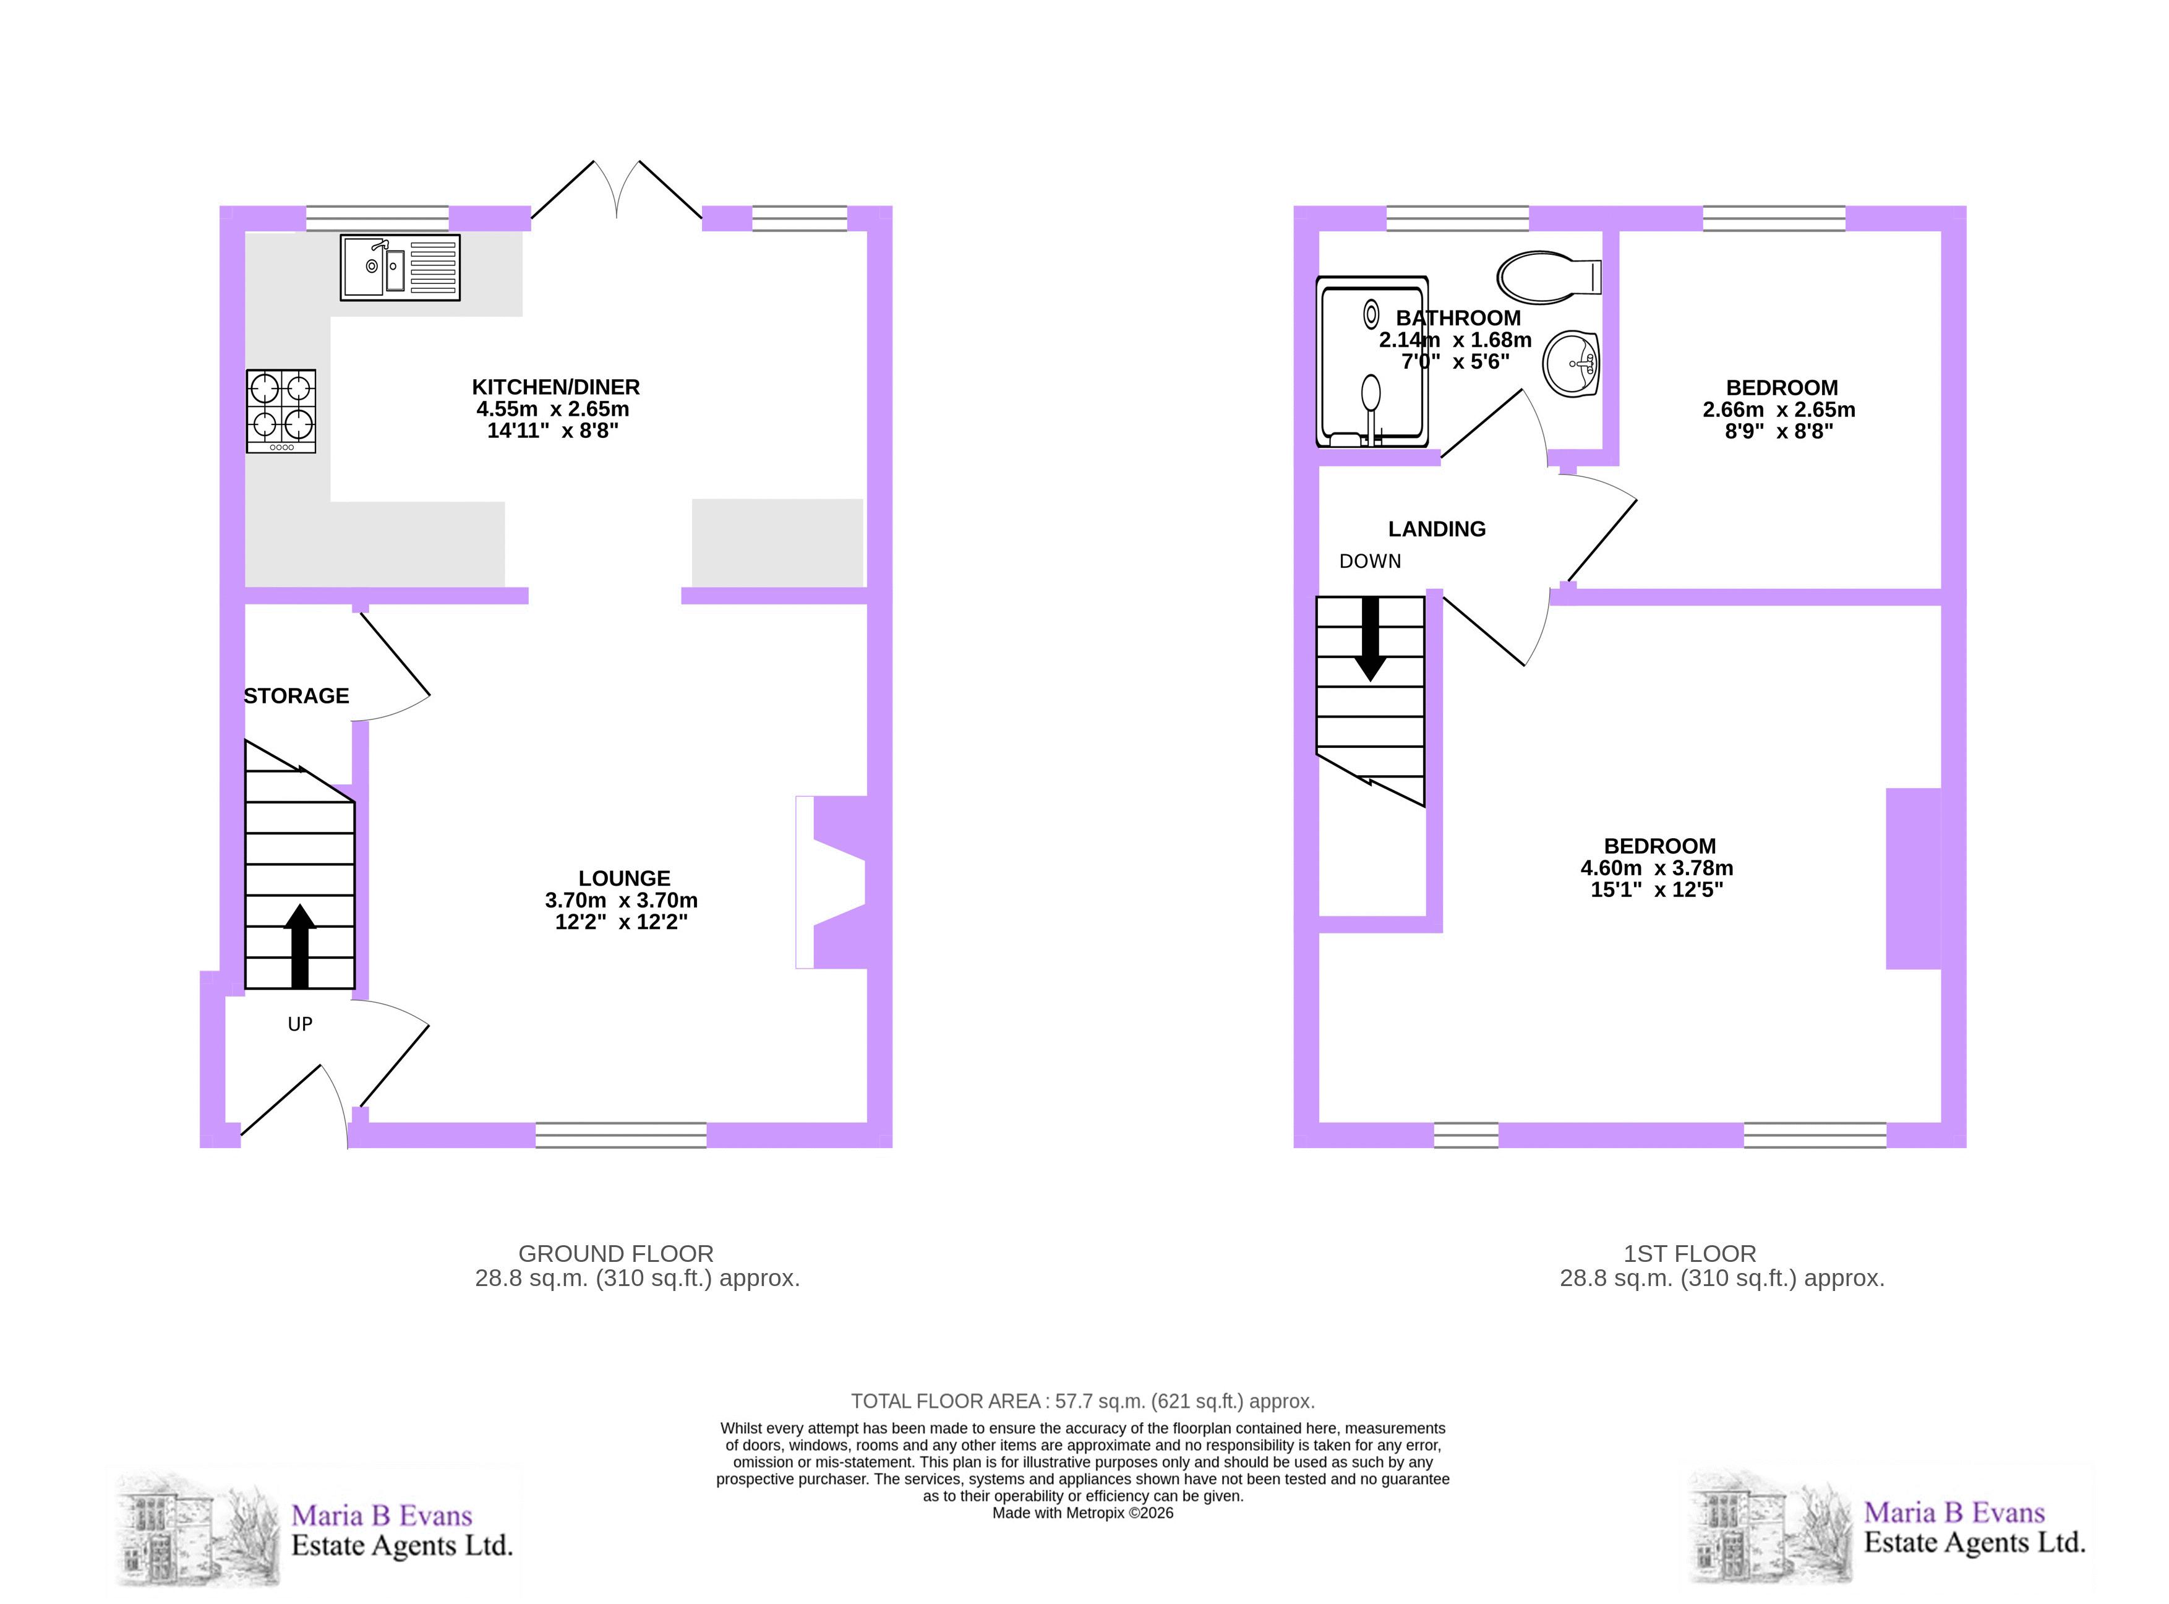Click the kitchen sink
pos(400,267)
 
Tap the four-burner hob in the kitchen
pos(281,411)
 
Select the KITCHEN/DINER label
pos(555,387)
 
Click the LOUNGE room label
pos(624,878)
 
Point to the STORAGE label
pos(296,696)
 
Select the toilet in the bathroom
pos(1549,278)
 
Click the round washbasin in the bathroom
pos(1570,364)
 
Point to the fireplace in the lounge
pos(831,881)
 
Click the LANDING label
pos(1437,529)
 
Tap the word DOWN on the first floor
pos(1370,561)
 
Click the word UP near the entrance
pos(300,1023)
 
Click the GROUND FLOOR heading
pos(615,1253)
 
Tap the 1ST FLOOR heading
pos(1690,1253)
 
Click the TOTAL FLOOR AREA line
pos(1082,1401)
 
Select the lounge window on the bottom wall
pos(622,1135)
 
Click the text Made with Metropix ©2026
pos(1082,1512)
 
